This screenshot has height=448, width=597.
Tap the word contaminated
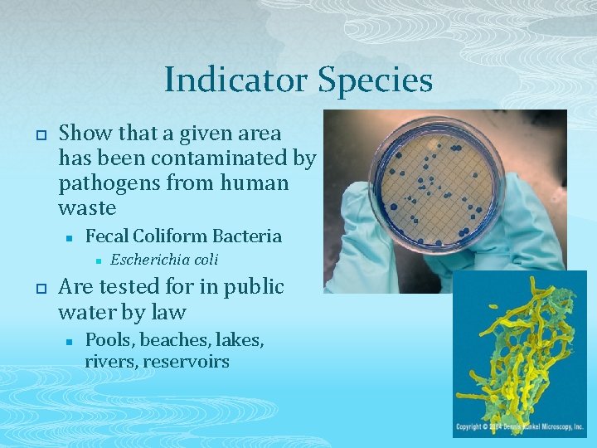click(x=227, y=158)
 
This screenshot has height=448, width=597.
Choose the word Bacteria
click(x=247, y=236)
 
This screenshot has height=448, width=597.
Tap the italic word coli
click(x=203, y=260)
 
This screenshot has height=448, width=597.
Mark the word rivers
click(x=110, y=362)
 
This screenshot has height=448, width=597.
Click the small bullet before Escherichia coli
click(x=98, y=261)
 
